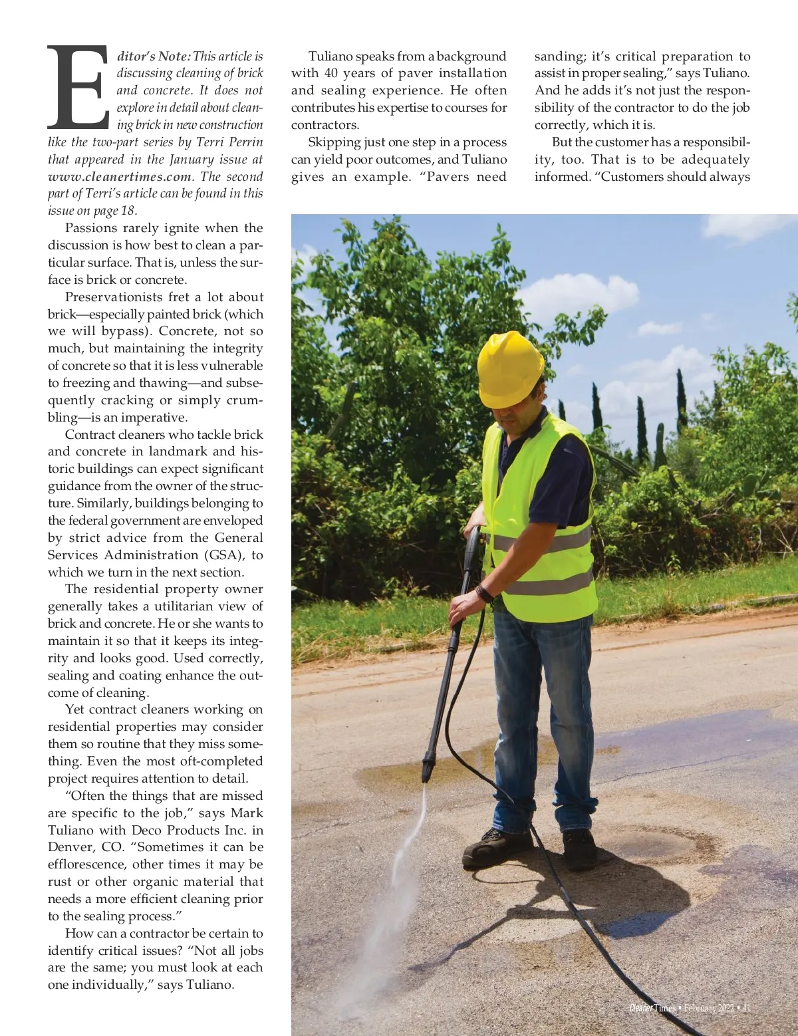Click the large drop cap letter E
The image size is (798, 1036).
click(78, 87)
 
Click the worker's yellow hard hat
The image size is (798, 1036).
click(510, 368)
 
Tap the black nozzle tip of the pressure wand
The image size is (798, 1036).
click(426, 771)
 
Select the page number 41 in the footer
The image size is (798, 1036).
click(745, 1008)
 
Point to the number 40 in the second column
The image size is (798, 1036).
click(331, 73)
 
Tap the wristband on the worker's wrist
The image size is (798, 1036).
click(484, 593)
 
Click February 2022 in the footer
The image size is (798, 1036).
click(708, 1008)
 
